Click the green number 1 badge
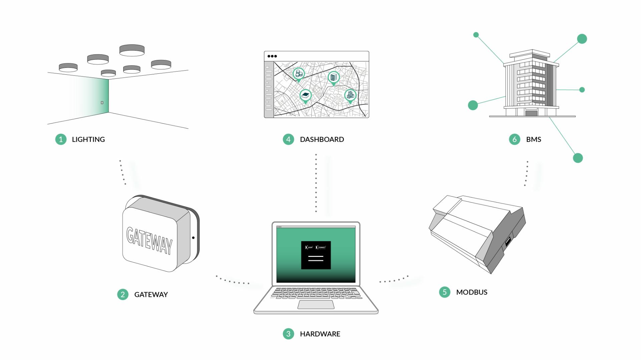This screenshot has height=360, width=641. click(x=61, y=139)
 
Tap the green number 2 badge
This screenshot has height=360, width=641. click(x=123, y=294)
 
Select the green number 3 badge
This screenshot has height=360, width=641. click(x=288, y=334)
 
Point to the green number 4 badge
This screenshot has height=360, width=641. click(x=288, y=139)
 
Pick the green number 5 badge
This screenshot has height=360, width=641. click(x=445, y=292)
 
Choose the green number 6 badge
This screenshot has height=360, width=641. click(x=514, y=139)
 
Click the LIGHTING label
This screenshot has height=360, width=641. click(x=88, y=139)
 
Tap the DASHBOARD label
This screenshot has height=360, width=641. click(x=322, y=139)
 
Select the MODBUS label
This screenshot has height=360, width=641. click(x=472, y=292)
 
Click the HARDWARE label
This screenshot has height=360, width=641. click(x=320, y=334)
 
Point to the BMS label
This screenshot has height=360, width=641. click(x=533, y=139)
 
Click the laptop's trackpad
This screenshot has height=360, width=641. click(x=316, y=304)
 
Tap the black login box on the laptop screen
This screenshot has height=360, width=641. click(x=316, y=255)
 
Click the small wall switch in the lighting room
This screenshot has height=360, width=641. click(x=102, y=102)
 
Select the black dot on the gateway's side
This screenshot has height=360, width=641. click(x=193, y=238)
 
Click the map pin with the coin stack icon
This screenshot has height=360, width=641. click(x=298, y=74)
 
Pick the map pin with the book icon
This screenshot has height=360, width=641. click(x=305, y=95)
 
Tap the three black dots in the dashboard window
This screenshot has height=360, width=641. click(x=272, y=56)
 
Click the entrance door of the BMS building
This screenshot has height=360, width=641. click(x=531, y=113)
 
